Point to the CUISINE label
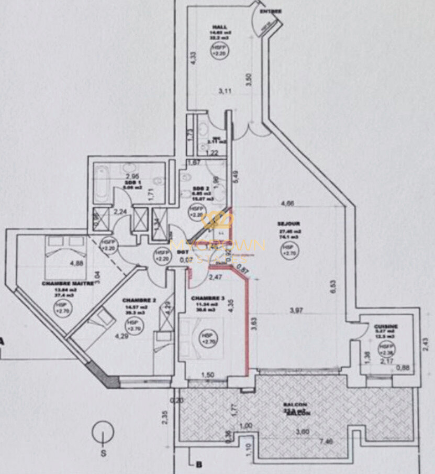[386, 326]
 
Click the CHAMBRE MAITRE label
[68, 283]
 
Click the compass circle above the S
[103, 433]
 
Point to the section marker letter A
[2, 342]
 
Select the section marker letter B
[198, 464]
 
